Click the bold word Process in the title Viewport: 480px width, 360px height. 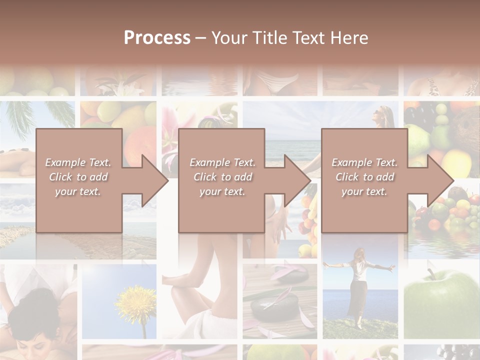tap(157, 38)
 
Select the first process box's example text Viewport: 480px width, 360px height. tap(78, 177)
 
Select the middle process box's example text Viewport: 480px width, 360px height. tap(222, 177)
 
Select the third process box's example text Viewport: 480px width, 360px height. tap(364, 177)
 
